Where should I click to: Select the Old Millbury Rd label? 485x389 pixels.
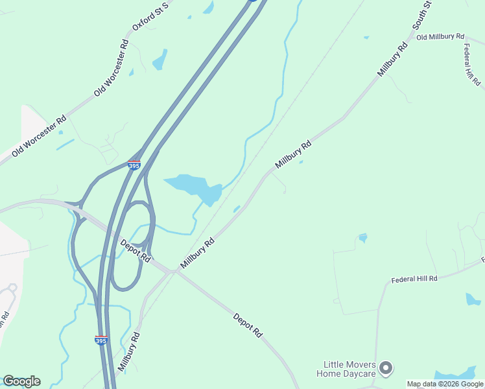click(440, 37)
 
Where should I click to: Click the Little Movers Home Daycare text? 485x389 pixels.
click(346, 369)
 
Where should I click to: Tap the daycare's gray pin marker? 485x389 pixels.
click(386, 368)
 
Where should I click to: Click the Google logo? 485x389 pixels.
click(21, 381)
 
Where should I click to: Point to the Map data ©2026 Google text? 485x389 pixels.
click(444, 384)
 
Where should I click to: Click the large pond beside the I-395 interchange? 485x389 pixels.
click(195, 187)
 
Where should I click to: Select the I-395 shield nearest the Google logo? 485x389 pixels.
click(101, 340)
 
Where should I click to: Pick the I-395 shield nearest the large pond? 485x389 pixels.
click(134, 165)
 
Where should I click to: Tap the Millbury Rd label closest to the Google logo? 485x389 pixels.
click(130, 352)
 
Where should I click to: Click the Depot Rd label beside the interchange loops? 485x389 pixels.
click(136, 250)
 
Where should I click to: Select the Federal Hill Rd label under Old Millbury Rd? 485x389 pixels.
click(471, 65)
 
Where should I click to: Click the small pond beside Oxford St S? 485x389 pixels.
click(160, 61)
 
